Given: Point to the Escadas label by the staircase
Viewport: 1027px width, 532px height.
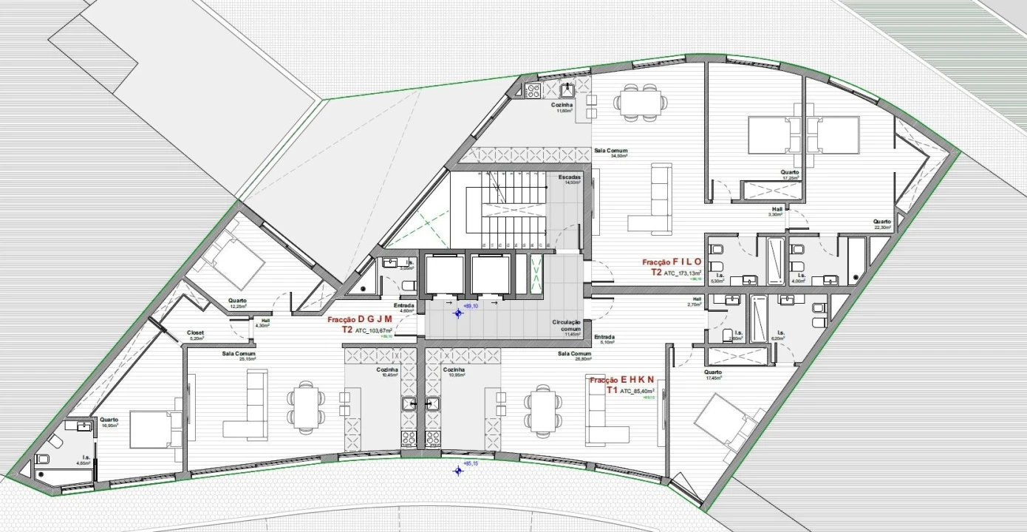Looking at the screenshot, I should [569, 178].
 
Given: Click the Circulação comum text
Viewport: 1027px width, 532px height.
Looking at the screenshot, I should [567, 326].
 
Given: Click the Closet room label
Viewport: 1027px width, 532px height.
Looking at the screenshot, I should [195, 333].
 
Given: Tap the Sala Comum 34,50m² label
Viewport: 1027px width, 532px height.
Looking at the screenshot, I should [610, 153].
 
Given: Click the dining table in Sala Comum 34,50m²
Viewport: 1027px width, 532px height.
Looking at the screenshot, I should [639, 101].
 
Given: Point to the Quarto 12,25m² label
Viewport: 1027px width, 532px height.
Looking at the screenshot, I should [237, 303].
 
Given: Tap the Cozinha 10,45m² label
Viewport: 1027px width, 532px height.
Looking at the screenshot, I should [389, 372].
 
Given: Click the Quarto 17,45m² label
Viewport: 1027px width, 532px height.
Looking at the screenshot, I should [713, 375].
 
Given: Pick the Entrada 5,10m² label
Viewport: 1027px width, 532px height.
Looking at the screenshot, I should [604, 339].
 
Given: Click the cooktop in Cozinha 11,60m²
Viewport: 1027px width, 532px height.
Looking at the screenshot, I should [533, 91].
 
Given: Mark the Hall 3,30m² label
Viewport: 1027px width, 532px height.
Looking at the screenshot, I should [777, 211].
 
